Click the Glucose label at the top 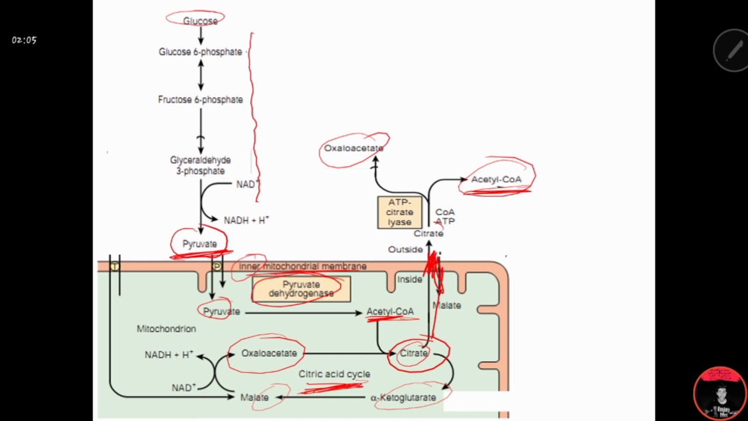(200, 21)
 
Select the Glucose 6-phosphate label (200, 52)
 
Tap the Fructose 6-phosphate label (200, 100)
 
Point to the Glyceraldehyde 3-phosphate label (200, 165)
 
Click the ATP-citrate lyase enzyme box (400, 212)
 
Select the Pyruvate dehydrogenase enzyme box (301, 289)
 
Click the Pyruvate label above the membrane (199, 244)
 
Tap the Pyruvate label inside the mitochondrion (221, 312)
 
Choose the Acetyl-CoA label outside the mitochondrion (496, 180)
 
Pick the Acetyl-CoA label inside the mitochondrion (390, 312)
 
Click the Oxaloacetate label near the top (354, 149)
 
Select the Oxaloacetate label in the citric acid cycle (269, 353)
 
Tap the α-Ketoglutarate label (403, 398)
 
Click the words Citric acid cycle (334, 374)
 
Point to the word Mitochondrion (166, 329)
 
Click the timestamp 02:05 (24, 40)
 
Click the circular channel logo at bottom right (720, 393)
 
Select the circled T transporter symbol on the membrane (115, 267)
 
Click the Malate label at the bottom (255, 398)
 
